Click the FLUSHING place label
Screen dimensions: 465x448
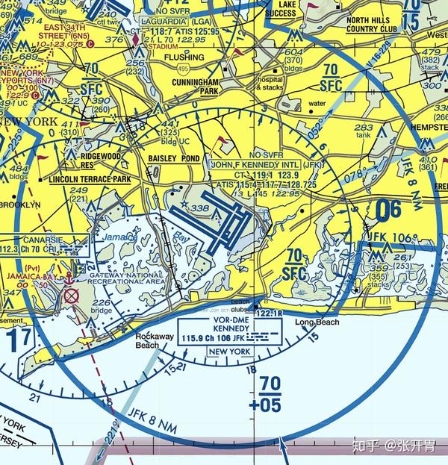pos(184,57)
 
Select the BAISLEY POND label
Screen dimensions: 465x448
pos(174,159)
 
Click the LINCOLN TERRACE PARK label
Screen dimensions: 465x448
pos(89,181)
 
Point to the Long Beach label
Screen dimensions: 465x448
pos(317,322)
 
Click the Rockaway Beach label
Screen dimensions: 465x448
pos(154,340)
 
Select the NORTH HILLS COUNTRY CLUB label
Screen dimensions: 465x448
pos(373,25)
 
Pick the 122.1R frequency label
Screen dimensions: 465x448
pos(268,313)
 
